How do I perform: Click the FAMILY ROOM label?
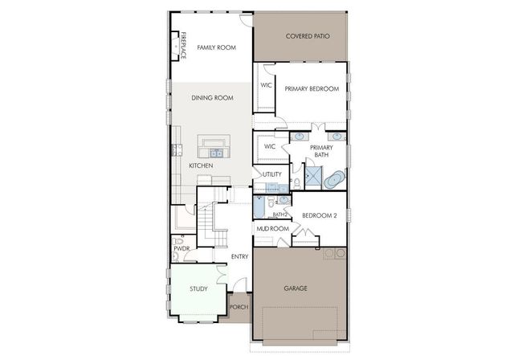(215, 48)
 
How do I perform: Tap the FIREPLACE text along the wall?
(183, 45)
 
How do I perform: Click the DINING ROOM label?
(212, 98)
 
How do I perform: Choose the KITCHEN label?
(201, 166)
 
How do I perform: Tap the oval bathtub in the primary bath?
(334, 178)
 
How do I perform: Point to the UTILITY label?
(271, 174)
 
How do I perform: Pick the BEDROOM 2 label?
(320, 215)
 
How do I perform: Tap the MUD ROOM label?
(271, 229)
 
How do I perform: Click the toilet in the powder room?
(178, 241)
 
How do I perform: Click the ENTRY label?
(239, 257)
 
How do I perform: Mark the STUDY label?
(198, 289)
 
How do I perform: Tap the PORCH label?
(238, 308)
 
